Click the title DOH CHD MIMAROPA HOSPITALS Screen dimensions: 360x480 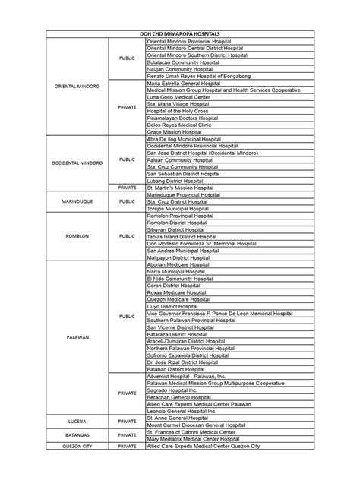[180, 35]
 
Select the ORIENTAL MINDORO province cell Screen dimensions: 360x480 [76, 86]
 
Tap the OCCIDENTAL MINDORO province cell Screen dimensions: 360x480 [76, 163]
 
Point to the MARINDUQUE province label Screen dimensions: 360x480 [76, 201]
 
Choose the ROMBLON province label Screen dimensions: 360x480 [76, 236]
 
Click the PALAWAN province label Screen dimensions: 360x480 [76, 335]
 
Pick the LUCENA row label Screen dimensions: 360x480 [76, 420]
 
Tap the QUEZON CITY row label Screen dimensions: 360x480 [76, 447]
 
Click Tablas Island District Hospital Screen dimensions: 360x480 [182, 236]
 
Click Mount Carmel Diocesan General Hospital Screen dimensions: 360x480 [196, 425]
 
